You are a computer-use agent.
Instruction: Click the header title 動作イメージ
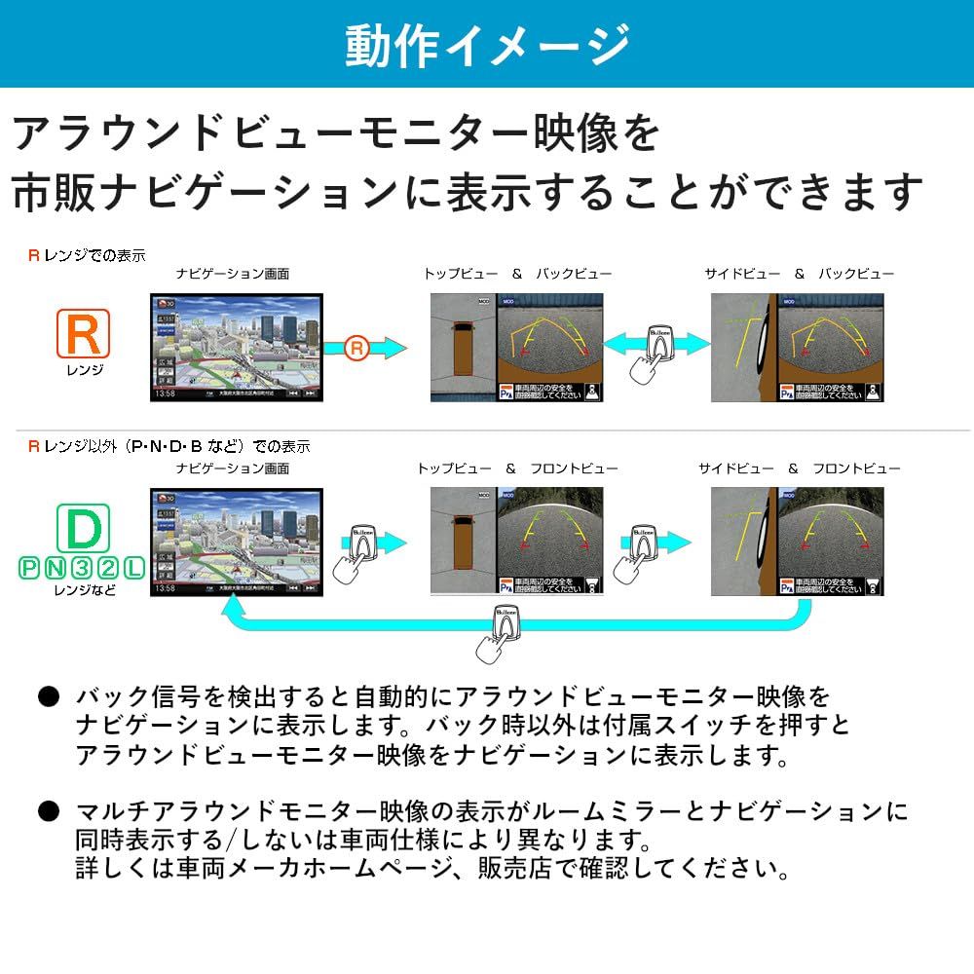tap(487, 45)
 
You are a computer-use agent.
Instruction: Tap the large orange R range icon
tap(83, 333)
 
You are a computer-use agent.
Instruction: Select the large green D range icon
tap(83, 528)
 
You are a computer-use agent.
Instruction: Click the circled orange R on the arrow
tap(357, 347)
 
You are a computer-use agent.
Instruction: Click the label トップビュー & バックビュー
tap(517, 275)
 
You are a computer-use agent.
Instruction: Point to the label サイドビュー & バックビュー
tap(799, 275)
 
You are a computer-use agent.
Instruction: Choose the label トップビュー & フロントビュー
tap(517, 468)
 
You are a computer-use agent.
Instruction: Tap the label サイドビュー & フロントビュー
tap(799, 468)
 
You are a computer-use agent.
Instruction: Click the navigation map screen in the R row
tap(237, 347)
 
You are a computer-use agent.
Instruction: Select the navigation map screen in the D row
tap(237, 542)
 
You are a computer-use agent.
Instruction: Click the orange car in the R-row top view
tap(463, 349)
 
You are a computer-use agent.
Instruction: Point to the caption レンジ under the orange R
tap(82, 371)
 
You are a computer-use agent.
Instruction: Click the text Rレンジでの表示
tap(87, 256)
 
